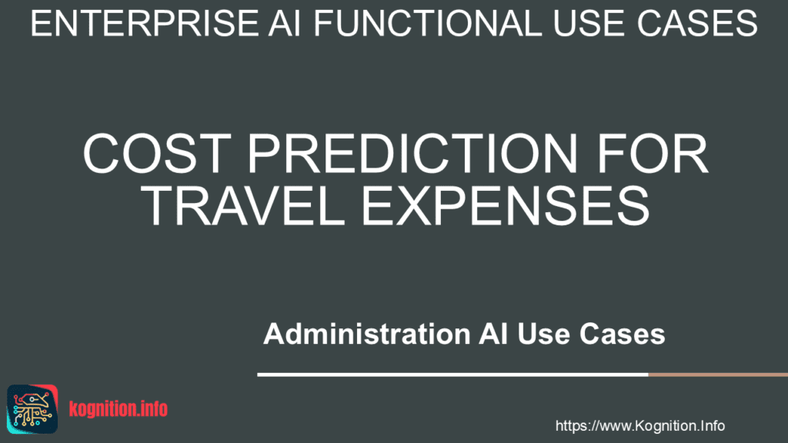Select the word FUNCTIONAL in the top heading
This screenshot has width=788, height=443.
(x=428, y=23)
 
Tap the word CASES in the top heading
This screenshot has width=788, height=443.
(x=696, y=23)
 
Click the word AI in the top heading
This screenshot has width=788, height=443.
(x=285, y=23)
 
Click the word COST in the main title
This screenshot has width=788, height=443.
(x=157, y=154)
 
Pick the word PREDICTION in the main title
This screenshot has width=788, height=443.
(x=413, y=154)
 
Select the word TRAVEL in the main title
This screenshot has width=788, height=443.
(x=242, y=205)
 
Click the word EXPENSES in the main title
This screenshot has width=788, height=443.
(x=506, y=205)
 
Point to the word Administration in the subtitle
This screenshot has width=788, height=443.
(x=367, y=334)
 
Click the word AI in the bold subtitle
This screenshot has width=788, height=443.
(x=493, y=334)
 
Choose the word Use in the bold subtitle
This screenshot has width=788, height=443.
(x=543, y=334)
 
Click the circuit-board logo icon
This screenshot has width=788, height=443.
(x=32, y=409)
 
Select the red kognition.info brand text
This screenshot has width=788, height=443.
(x=118, y=409)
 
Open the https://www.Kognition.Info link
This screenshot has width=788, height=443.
(x=639, y=426)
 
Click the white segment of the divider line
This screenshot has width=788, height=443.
(x=452, y=375)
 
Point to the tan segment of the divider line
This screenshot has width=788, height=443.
(x=718, y=375)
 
